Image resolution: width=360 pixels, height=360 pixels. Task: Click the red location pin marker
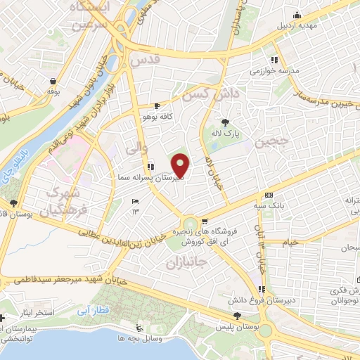(x=181, y=165)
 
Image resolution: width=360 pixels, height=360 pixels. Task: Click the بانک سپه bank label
(x=270, y=206)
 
